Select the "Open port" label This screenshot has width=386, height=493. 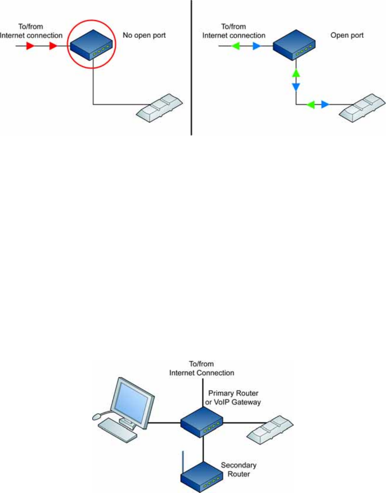coord(347,35)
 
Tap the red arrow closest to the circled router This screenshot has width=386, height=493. coord(53,47)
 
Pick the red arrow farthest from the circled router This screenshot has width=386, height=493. coord(30,47)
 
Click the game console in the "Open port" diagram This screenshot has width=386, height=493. coord(362,107)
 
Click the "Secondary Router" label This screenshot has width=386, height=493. coord(239,469)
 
